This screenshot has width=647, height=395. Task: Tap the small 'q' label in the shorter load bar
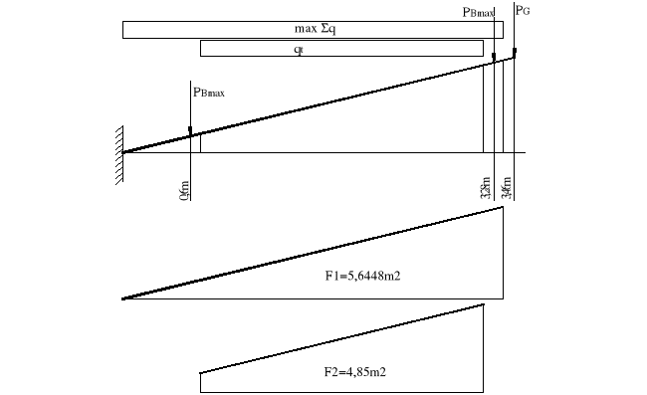pyautogui.click(x=299, y=49)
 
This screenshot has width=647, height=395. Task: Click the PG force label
pyautogui.click(x=525, y=10)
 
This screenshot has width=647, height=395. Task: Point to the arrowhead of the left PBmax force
pyautogui.click(x=189, y=130)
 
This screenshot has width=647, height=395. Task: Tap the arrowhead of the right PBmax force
pyautogui.click(x=495, y=60)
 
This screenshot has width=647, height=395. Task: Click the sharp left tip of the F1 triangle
pyautogui.click(x=122, y=298)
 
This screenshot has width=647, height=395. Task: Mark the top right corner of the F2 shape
pyautogui.click(x=484, y=304)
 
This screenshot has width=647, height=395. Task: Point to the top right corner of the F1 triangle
pyautogui.click(x=503, y=206)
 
